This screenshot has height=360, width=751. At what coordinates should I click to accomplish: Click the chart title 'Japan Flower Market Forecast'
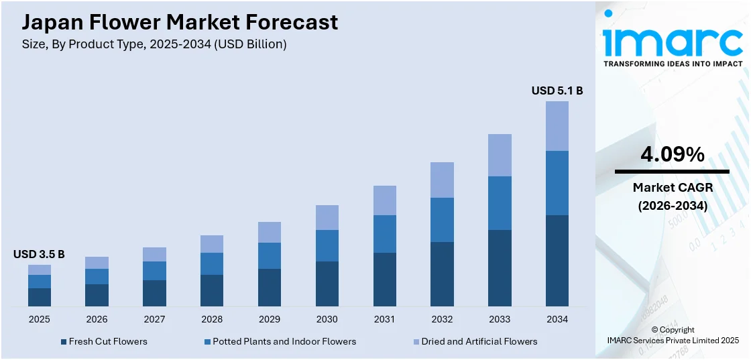point(180,22)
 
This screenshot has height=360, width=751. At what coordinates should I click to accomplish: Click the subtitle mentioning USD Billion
point(154,44)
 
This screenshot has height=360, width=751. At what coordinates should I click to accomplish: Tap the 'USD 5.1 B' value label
point(557,91)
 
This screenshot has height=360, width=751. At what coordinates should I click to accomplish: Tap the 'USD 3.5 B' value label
point(39,254)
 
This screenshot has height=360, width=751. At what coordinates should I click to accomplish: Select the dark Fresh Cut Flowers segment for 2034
point(557,261)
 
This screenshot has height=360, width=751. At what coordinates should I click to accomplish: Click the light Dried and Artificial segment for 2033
point(500,155)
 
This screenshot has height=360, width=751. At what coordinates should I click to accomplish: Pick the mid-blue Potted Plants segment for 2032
point(442,219)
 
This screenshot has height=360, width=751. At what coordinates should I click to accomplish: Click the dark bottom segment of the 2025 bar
point(40,297)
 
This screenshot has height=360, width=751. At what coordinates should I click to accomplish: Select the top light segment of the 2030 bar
point(327,217)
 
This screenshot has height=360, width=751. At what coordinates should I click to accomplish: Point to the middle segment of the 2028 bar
point(212,263)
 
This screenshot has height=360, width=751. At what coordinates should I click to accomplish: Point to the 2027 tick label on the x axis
point(154,319)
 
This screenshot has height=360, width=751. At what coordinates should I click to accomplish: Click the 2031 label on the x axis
point(384,319)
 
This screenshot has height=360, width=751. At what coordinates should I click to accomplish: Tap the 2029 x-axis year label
point(270,319)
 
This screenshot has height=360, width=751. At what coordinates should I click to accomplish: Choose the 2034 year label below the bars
point(557,319)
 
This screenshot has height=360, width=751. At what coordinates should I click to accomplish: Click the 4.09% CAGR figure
point(673,155)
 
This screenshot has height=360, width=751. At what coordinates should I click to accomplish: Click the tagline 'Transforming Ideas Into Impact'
point(673,64)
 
